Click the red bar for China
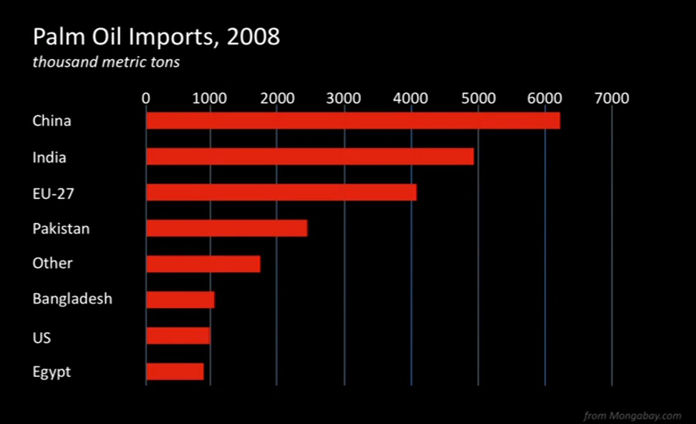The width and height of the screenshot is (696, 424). [x=353, y=121]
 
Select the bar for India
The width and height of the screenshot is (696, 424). [x=310, y=157]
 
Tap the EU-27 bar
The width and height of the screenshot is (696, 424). [x=281, y=192]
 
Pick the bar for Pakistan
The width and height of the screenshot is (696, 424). [x=227, y=228]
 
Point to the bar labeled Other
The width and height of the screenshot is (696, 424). [x=203, y=264]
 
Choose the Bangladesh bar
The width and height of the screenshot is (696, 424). [x=180, y=300]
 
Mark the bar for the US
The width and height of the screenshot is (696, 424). [x=178, y=336]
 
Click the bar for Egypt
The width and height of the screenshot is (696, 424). [x=175, y=372]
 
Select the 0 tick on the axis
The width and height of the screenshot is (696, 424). [x=146, y=98]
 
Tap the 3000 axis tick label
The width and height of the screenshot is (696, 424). [x=344, y=98]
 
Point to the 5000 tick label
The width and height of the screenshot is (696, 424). [x=478, y=98]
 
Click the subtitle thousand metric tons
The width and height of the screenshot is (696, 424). [x=106, y=63]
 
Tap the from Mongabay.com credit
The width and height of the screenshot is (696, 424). [x=632, y=416]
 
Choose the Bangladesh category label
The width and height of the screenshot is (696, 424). [x=72, y=299]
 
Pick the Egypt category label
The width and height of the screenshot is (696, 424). [x=51, y=372]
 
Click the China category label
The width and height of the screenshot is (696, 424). [x=51, y=121]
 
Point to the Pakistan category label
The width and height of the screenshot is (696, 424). [x=61, y=229]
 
